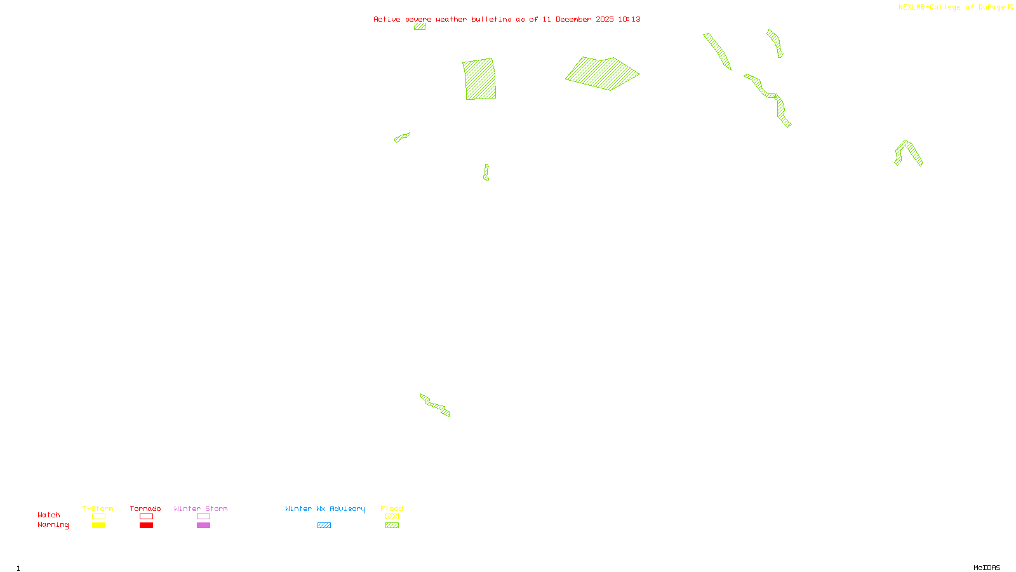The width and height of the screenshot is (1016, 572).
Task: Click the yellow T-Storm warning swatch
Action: pos(98,526)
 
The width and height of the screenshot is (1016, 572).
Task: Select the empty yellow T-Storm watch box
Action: pos(98,517)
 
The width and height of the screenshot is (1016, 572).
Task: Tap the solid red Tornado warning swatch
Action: pos(146,526)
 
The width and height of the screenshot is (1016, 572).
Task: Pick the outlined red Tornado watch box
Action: pos(146,517)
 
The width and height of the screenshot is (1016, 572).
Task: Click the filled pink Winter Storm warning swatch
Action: pos(203,526)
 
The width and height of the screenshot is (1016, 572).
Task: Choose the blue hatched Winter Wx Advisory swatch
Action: pos(324,526)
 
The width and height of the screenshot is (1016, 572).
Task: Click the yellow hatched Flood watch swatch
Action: pos(392,517)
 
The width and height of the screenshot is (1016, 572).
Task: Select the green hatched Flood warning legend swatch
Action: pos(392,526)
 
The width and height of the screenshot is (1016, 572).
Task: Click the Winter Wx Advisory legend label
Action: pos(325,508)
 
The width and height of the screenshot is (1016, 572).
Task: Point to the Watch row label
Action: pos(49,515)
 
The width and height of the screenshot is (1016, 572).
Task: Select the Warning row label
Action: pos(53,525)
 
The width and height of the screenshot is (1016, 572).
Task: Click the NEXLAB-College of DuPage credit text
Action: pos(952,8)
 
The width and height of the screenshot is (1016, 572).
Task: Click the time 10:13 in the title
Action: pos(629,19)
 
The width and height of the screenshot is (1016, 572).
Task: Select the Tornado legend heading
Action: pos(145,508)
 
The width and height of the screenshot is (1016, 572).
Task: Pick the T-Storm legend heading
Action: pos(98,508)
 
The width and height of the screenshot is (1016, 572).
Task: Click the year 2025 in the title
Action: pos(605,19)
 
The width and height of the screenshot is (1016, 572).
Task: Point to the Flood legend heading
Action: pos(392,508)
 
